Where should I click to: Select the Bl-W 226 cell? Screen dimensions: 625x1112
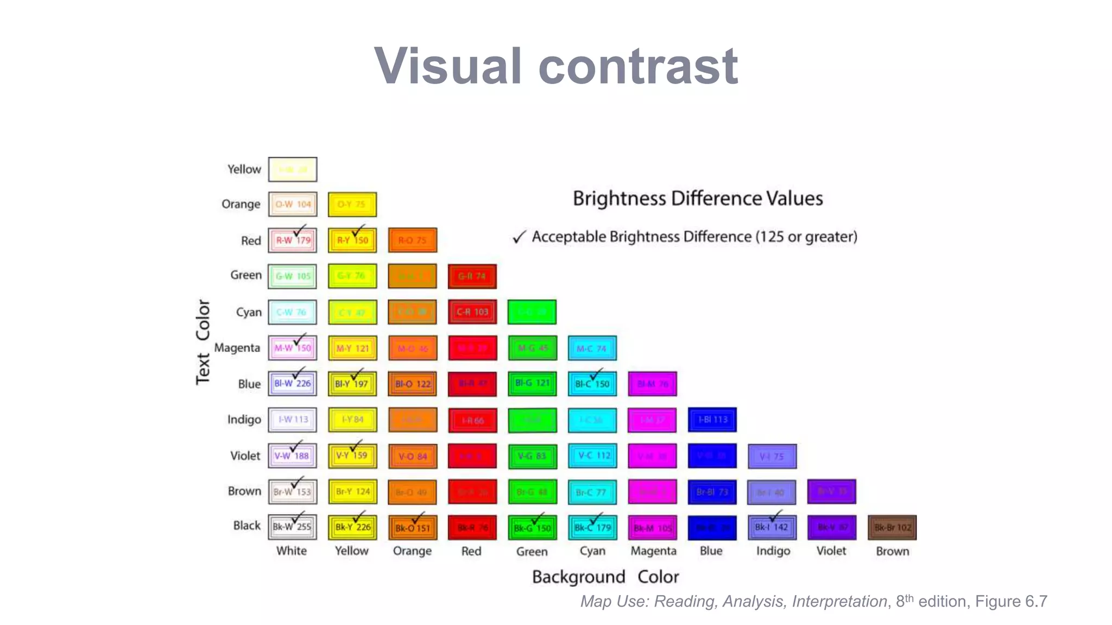pyautogui.click(x=292, y=384)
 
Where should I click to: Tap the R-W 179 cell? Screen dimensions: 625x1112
pyautogui.click(x=292, y=240)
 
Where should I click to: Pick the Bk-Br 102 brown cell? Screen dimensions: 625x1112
pyautogui.click(x=892, y=527)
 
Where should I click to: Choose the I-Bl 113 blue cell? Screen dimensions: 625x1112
pyautogui.click(x=712, y=420)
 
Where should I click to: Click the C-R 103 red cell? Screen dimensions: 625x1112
pyautogui.click(x=472, y=312)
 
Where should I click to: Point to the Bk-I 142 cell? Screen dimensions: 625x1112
pyautogui.click(x=772, y=527)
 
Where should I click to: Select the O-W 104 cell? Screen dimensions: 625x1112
pyautogui.click(x=292, y=205)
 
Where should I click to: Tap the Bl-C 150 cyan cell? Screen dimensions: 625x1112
pyautogui.click(x=592, y=384)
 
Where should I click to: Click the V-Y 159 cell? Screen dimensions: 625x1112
pyautogui.click(x=352, y=456)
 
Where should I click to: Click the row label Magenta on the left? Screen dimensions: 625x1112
pyautogui.click(x=237, y=348)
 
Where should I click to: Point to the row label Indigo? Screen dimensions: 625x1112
pyautogui.click(x=244, y=419)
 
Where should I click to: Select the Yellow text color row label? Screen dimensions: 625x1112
pyautogui.click(x=244, y=169)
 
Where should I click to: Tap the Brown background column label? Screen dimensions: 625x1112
pyautogui.click(x=892, y=551)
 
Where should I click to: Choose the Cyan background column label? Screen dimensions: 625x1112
pyautogui.click(x=592, y=551)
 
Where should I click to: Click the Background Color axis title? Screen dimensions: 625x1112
pyautogui.click(x=605, y=577)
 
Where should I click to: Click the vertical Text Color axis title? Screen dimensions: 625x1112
pyautogui.click(x=203, y=342)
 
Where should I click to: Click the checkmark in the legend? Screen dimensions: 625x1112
pyautogui.click(x=519, y=237)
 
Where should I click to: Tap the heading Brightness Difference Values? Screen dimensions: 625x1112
pyautogui.click(x=698, y=199)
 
